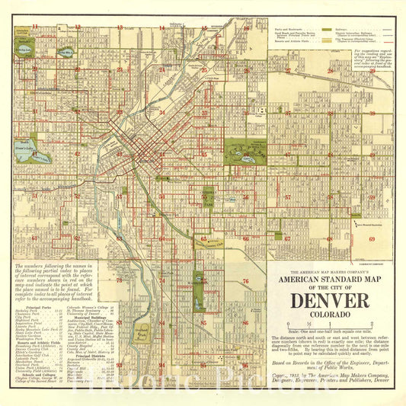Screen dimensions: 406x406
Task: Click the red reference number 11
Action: point(35,27)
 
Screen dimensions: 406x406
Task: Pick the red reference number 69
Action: point(372,239)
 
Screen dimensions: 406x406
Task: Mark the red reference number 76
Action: point(245,281)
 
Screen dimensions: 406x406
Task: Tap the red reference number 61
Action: point(35,238)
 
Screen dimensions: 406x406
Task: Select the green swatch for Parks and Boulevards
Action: point(327,29)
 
